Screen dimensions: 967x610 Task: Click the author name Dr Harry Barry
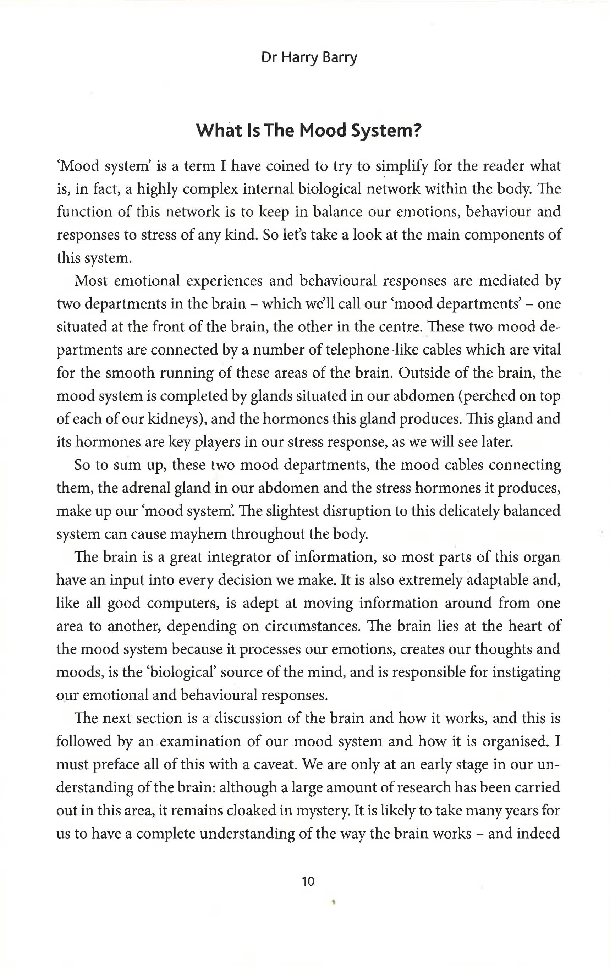point(309,58)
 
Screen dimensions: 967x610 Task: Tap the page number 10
point(308,881)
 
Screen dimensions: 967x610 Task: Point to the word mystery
point(323,811)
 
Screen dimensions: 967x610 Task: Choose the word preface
point(116,765)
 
